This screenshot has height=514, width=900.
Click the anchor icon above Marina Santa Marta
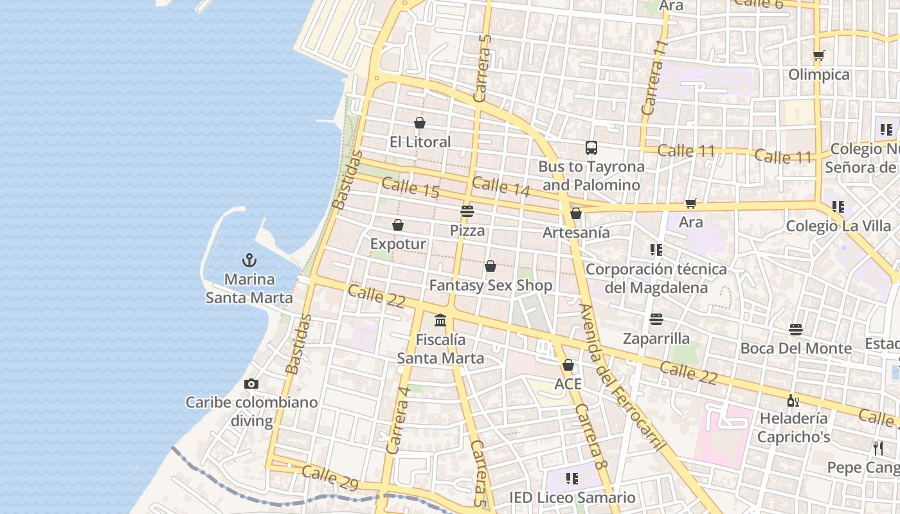pos(249,260)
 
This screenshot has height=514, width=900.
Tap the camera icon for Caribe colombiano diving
pos(251,384)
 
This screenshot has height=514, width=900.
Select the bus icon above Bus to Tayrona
pos(591,148)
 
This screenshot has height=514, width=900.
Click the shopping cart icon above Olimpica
pos(818,55)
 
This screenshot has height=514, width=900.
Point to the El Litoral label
pos(420,141)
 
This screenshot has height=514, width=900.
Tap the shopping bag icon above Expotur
pos(398,225)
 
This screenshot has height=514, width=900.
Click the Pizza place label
pos(467,230)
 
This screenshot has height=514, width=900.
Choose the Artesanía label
pos(576,232)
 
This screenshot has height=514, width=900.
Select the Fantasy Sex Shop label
pos(491,285)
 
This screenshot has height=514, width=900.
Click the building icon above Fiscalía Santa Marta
pos(440,320)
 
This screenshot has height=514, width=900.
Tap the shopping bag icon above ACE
pos(568,365)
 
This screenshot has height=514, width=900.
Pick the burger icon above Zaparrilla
pos(656,319)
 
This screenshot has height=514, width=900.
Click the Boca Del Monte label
pos(796,348)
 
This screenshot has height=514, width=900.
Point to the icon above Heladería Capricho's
pos(793,400)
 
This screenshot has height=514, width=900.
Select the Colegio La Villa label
pos(839,226)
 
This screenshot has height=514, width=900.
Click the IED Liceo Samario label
pos(572,497)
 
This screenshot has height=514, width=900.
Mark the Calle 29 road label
pos(330,476)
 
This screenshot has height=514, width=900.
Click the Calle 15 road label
pos(410,188)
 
